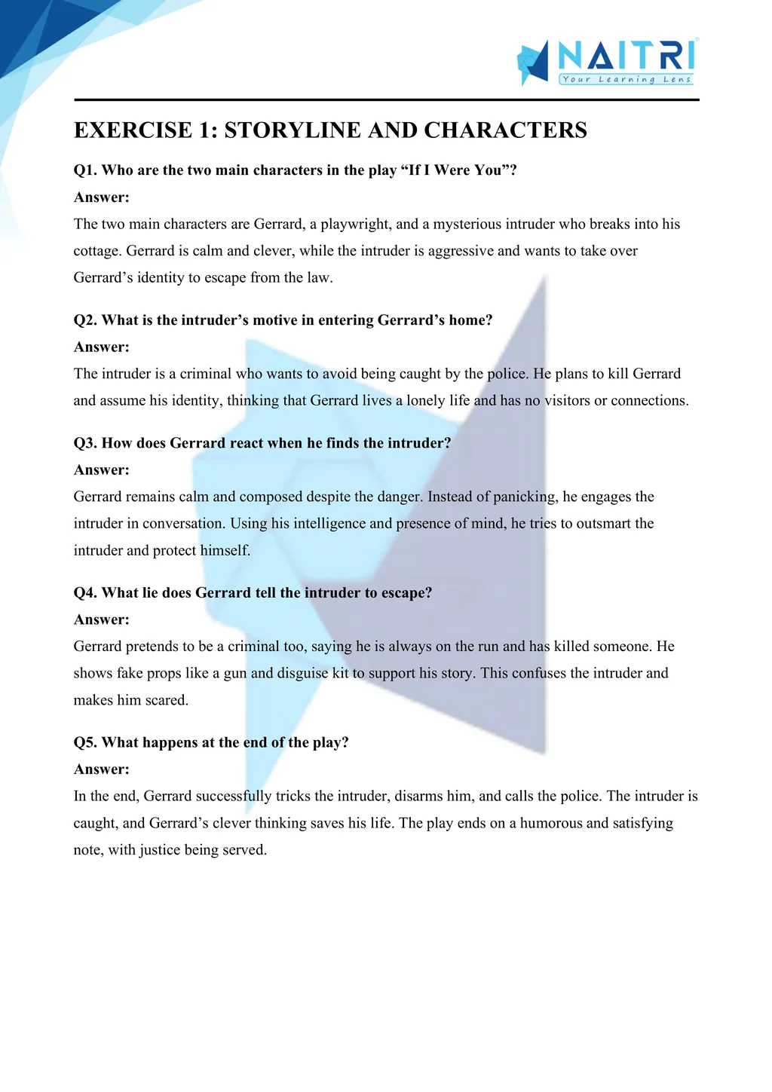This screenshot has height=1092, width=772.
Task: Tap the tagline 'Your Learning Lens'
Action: click(626, 79)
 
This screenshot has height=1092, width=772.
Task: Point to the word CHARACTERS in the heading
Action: click(505, 130)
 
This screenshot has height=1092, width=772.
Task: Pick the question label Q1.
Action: click(85, 170)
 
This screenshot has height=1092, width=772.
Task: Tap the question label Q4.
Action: click(85, 593)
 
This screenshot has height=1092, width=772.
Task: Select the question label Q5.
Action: click(85, 742)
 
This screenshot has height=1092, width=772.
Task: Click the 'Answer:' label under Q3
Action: click(102, 470)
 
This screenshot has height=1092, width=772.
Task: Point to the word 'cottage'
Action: click(97, 251)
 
